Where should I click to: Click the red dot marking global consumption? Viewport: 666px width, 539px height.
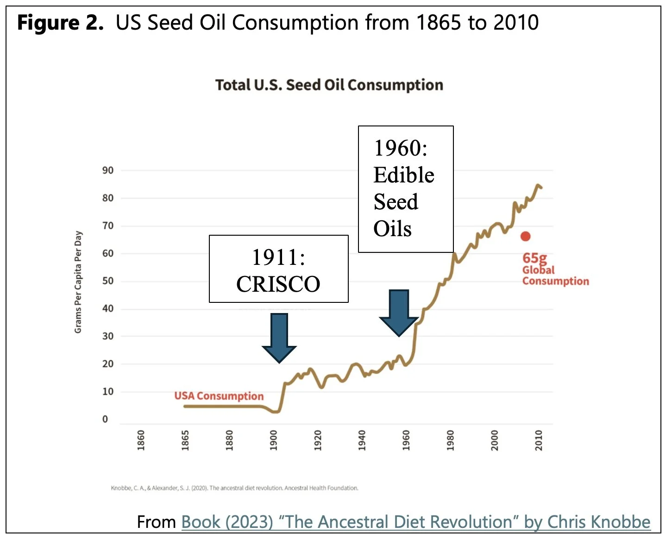tap(525, 237)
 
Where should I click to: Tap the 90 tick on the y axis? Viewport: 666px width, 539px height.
tap(108, 170)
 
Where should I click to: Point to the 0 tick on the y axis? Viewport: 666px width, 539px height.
tap(105, 419)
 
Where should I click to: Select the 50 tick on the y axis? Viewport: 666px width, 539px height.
tap(108, 281)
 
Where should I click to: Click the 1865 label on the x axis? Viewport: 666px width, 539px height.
tap(185, 440)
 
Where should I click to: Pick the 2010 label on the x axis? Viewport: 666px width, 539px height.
tap(539, 440)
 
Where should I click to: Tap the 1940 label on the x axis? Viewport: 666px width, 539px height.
tap(362, 440)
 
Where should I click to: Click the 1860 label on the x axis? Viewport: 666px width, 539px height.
tap(141, 440)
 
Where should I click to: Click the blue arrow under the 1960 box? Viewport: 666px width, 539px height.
tap(399, 313)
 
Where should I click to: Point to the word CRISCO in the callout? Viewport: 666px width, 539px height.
tap(278, 284)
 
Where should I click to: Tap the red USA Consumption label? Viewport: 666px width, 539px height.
tap(219, 396)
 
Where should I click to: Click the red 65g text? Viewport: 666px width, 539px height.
tap(534, 258)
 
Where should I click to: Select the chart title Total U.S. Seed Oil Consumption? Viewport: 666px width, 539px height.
tap(329, 85)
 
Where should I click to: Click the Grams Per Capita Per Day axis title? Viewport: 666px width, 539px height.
tap(78, 282)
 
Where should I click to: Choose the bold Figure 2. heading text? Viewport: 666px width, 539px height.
tap(60, 23)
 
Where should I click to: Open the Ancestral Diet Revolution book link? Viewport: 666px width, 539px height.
tap(415, 522)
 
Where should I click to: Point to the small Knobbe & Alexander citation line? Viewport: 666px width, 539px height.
tap(234, 488)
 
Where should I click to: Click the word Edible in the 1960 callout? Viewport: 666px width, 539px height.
tap(404, 175)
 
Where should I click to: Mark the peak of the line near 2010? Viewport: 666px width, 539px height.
tap(538, 186)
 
